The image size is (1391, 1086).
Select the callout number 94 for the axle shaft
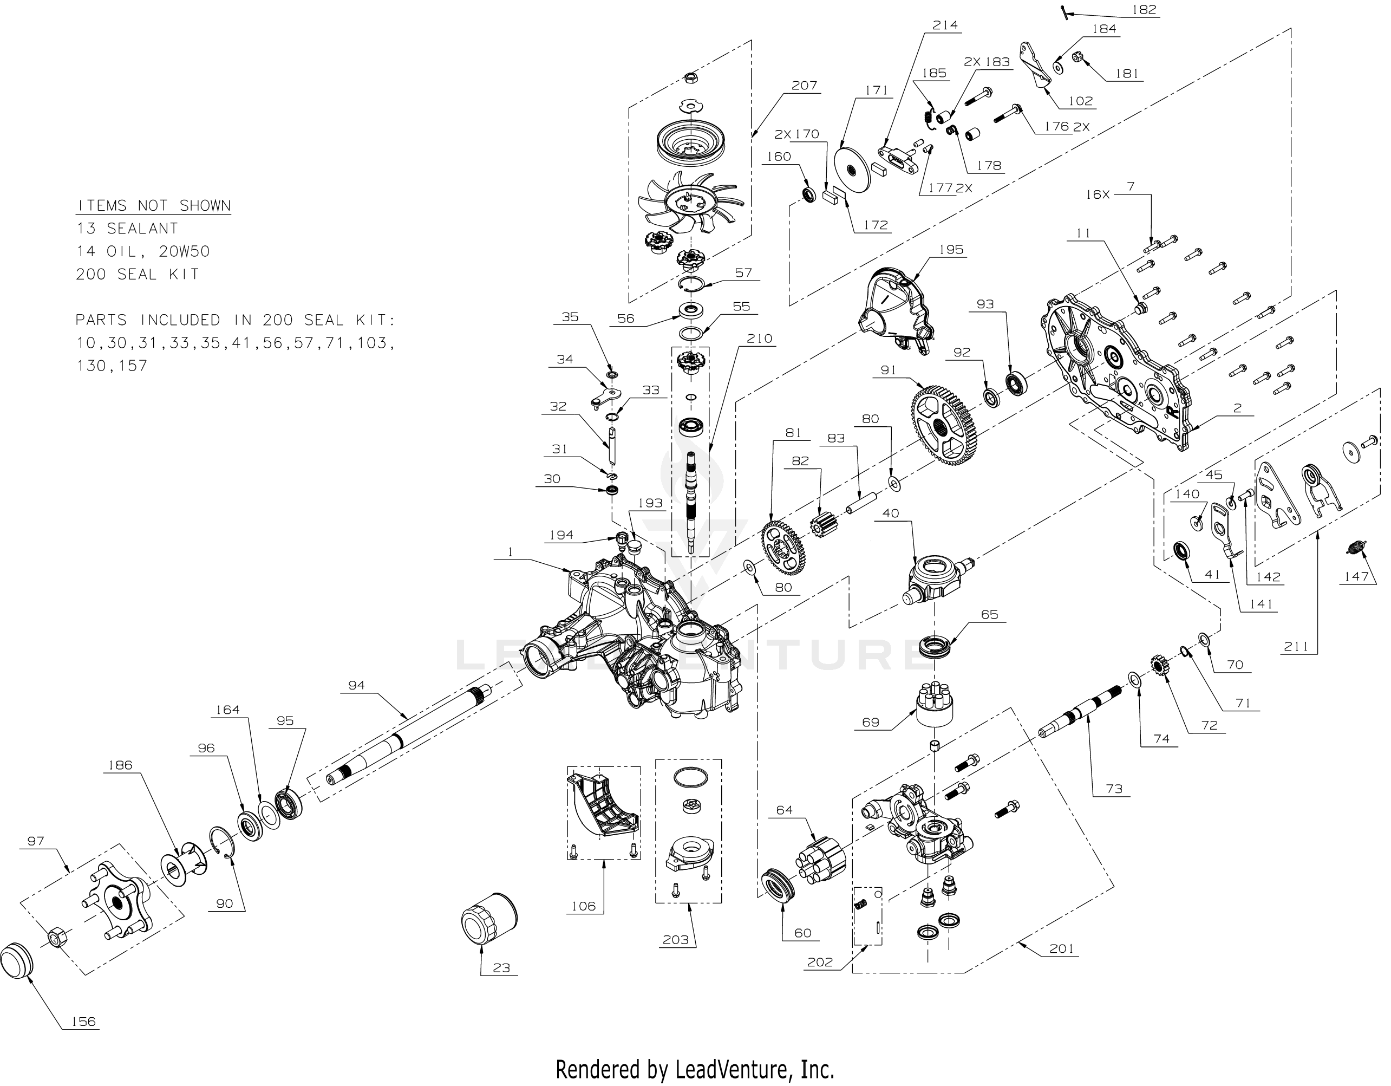[x=356, y=685]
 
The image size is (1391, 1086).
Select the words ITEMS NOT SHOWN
[x=153, y=206]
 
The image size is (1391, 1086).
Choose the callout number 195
[x=951, y=250]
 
